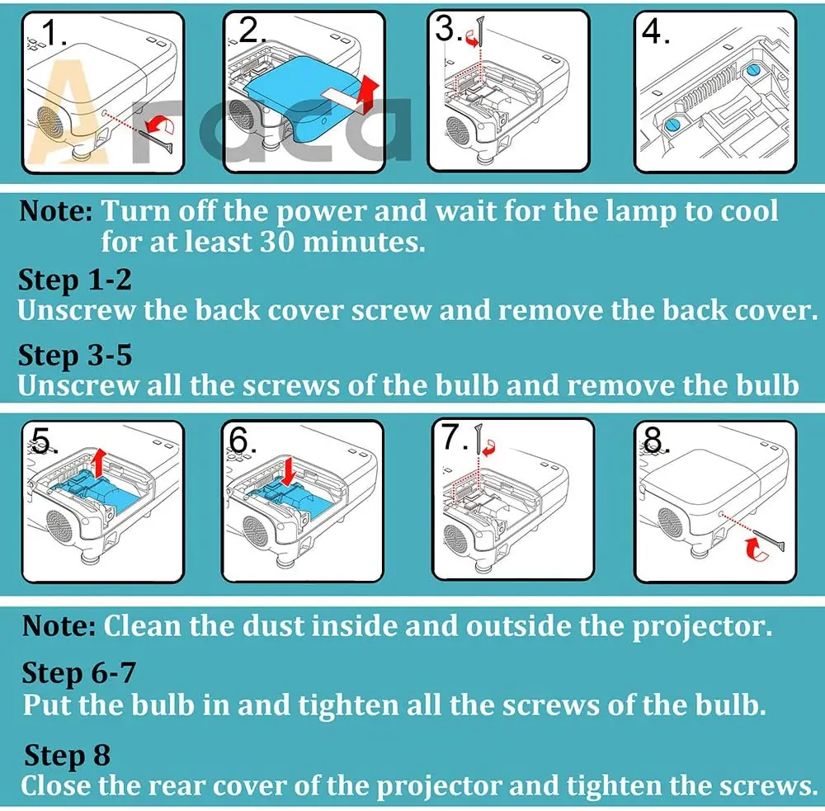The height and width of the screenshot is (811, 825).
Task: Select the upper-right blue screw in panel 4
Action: click(753, 69)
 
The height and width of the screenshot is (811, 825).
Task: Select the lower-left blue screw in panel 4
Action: click(672, 125)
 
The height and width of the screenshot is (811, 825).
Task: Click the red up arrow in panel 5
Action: click(98, 463)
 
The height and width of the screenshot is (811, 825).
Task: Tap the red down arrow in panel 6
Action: click(288, 472)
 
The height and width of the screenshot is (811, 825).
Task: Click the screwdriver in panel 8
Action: click(768, 542)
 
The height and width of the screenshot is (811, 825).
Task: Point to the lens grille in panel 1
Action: click(49, 127)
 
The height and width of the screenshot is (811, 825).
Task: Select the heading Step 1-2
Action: click(75, 280)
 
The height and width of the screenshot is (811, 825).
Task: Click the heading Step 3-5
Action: click(75, 356)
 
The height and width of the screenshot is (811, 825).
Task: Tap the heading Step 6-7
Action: click(79, 673)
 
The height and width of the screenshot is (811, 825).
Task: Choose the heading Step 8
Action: click(67, 755)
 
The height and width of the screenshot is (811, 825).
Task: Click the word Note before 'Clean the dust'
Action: click(59, 625)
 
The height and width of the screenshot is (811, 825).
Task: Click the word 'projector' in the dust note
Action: click(701, 627)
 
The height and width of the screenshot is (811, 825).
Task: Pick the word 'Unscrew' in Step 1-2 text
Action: click(76, 310)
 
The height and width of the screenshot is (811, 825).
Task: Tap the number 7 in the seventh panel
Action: click(451, 436)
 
